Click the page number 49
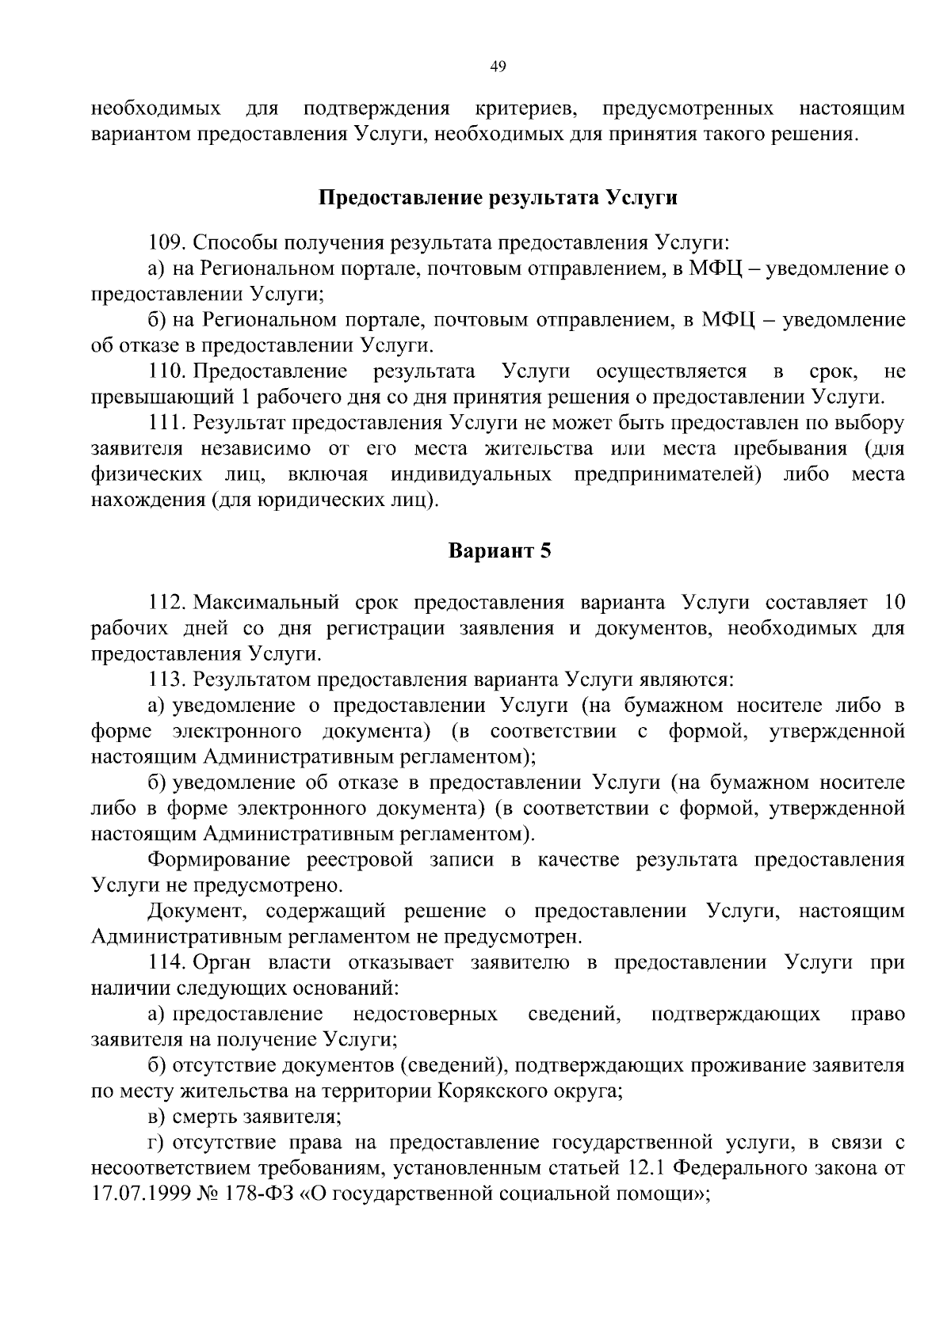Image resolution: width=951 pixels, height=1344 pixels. [x=498, y=66]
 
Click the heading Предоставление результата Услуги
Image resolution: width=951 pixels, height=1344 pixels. [x=498, y=197]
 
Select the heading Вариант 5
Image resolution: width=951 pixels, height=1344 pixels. [x=499, y=550]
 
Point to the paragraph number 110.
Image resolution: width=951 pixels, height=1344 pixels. [x=166, y=371]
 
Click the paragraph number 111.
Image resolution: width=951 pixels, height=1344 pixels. [x=166, y=422]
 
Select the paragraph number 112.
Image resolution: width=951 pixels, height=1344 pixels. [x=166, y=603]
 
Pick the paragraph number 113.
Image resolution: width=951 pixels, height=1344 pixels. [x=166, y=680]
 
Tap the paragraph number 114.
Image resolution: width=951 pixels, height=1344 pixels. [x=166, y=962]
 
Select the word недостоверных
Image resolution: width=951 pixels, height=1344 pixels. [x=425, y=1014]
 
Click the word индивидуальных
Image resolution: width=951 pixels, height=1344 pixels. [x=471, y=474]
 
